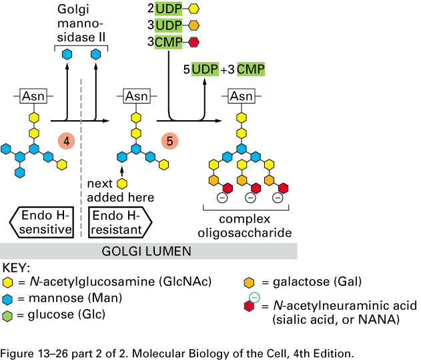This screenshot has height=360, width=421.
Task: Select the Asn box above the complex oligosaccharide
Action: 242,96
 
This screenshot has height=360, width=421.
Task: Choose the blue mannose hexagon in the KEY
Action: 7,297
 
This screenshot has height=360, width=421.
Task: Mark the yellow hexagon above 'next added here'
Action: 121,183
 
